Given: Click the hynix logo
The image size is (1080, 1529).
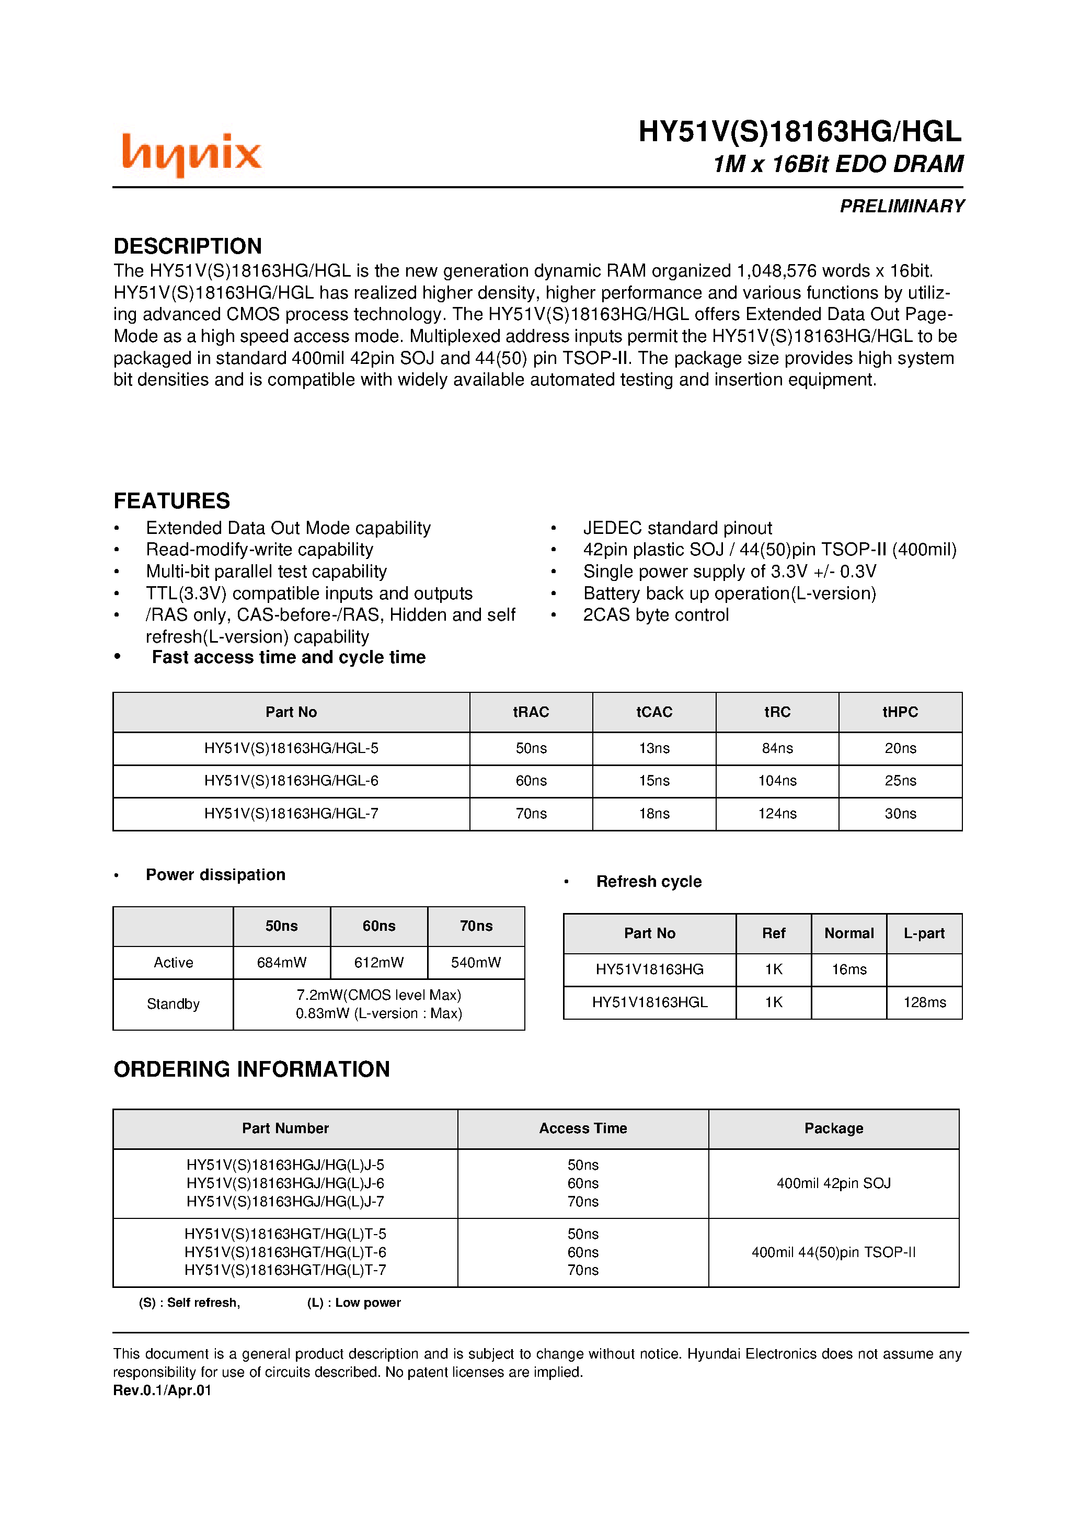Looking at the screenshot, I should point(191,154).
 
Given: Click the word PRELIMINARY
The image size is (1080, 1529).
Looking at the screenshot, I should point(902,207).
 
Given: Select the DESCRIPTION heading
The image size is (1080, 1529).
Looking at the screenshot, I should point(188,246).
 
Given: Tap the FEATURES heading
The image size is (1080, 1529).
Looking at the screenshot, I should point(172,501).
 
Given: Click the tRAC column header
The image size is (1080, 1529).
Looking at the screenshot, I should point(531,712).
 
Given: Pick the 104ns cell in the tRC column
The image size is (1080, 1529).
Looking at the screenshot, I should point(777,781).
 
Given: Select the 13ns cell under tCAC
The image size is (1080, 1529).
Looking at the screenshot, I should point(654,748).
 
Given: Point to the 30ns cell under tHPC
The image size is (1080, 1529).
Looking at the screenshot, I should point(900,813).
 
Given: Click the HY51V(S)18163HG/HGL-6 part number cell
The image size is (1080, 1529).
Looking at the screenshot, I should point(291,781).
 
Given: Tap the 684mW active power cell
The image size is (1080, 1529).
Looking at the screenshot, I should point(282,962).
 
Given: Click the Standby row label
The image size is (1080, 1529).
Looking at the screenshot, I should point(173,1003).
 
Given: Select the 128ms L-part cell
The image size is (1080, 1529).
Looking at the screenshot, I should point(924,1002).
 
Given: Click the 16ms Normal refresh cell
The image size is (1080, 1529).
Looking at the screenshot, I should point(849,969).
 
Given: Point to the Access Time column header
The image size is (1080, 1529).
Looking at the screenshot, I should point(583,1128).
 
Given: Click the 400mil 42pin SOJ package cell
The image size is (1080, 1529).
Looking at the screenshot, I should point(834,1183).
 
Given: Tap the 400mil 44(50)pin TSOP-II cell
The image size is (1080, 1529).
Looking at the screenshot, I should point(834,1252).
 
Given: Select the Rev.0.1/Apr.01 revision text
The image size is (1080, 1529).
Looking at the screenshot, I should point(163,1390).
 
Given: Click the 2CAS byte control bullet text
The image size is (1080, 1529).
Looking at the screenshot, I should point(656,614).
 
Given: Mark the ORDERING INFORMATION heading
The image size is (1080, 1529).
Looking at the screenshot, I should point(251,1069).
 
